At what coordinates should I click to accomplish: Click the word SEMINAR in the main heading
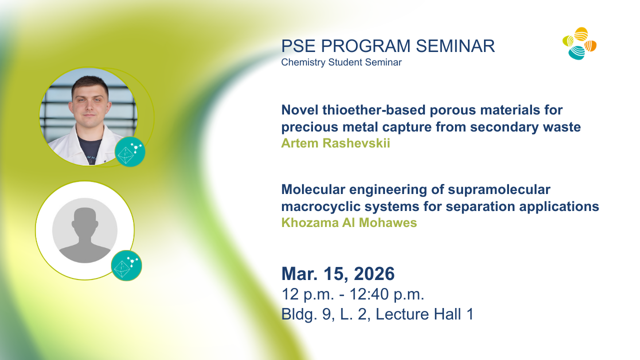point(455,46)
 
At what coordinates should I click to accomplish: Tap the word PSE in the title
point(298,46)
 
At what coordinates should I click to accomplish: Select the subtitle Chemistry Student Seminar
point(341,62)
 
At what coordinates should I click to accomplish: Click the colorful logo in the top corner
point(579,43)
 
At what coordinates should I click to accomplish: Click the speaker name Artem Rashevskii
point(335,143)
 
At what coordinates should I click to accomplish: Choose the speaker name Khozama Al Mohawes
point(349,222)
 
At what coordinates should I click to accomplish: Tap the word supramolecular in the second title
point(499,189)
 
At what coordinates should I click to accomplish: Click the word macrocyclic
point(321,206)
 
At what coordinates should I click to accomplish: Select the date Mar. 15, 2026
point(338,273)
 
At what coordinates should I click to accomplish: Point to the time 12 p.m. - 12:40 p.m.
point(353,294)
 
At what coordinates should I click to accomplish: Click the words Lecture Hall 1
point(424,314)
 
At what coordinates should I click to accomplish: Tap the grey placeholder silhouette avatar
point(85,230)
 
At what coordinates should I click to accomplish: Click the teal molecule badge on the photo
point(130,151)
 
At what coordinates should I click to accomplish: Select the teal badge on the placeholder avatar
point(126,265)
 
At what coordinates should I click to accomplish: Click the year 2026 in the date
point(374,273)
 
